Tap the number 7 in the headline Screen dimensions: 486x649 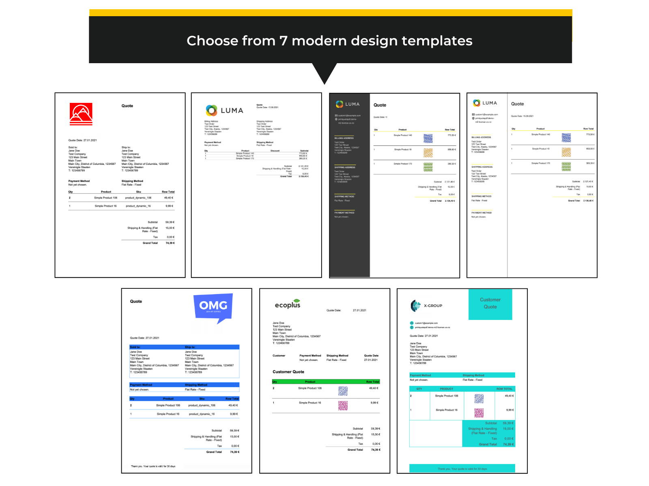tap(283, 41)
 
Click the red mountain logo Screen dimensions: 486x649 tap(81, 114)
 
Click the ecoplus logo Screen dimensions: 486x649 tap(288, 304)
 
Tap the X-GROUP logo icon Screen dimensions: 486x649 tap(416, 306)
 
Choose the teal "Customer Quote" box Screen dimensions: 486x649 tap(490, 303)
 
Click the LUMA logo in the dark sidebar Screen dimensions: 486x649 tap(348, 104)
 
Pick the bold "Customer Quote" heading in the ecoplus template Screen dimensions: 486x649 tap(288, 372)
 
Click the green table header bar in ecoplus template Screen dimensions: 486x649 tap(326, 382)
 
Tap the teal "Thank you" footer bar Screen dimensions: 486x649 tap(462, 469)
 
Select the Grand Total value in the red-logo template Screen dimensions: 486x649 tap(170, 243)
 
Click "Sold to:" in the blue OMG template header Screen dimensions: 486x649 tap(135, 347)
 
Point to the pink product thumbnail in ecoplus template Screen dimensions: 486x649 tap(343, 405)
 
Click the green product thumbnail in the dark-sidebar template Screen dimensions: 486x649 tap(428, 167)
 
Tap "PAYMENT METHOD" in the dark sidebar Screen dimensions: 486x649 tap(344, 213)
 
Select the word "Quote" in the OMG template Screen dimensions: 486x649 tap(136, 301)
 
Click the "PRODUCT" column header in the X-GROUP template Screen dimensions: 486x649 tap(447, 389)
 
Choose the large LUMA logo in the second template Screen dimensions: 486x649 tap(224, 111)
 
